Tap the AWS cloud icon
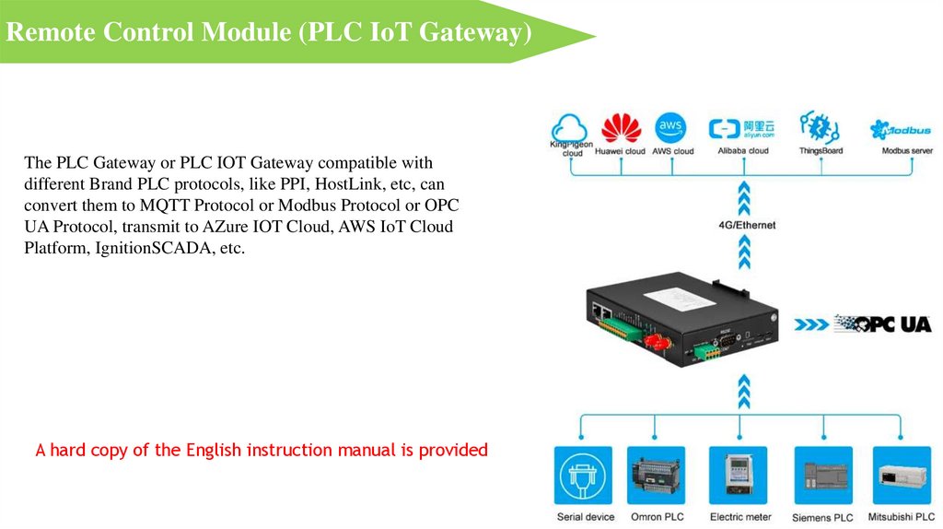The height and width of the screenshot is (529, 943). (x=671, y=126)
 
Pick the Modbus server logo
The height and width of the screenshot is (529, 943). (x=900, y=128)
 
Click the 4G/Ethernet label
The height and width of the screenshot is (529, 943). (x=746, y=225)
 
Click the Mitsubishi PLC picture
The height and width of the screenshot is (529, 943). (x=902, y=476)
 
